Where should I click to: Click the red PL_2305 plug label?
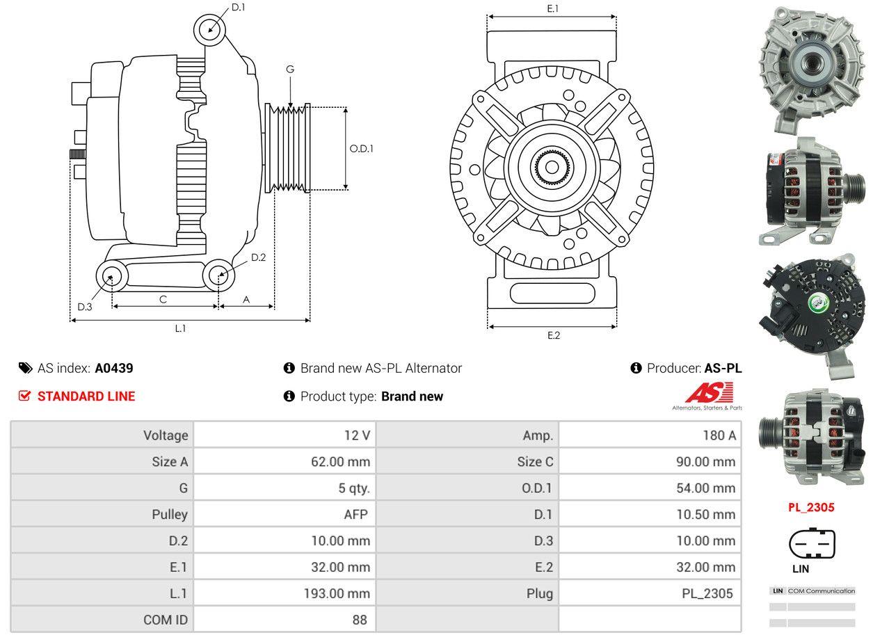tap(810, 507)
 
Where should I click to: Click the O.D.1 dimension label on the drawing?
tap(361, 148)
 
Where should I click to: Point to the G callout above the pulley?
tap(290, 69)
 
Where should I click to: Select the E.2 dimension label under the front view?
tap(553, 335)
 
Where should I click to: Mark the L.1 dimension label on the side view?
tap(180, 328)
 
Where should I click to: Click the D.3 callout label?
tap(85, 307)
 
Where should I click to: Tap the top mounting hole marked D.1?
tap(209, 30)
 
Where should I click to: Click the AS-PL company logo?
tap(707, 396)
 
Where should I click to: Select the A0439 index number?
tap(114, 368)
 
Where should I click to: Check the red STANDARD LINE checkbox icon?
tap(25, 396)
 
